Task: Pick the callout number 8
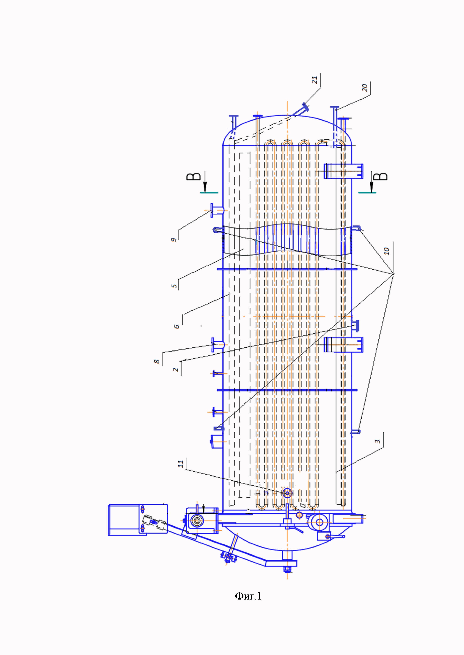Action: point(157,361)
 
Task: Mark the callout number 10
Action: point(387,251)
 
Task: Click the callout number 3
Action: point(378,441)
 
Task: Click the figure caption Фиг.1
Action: point(248,596)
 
